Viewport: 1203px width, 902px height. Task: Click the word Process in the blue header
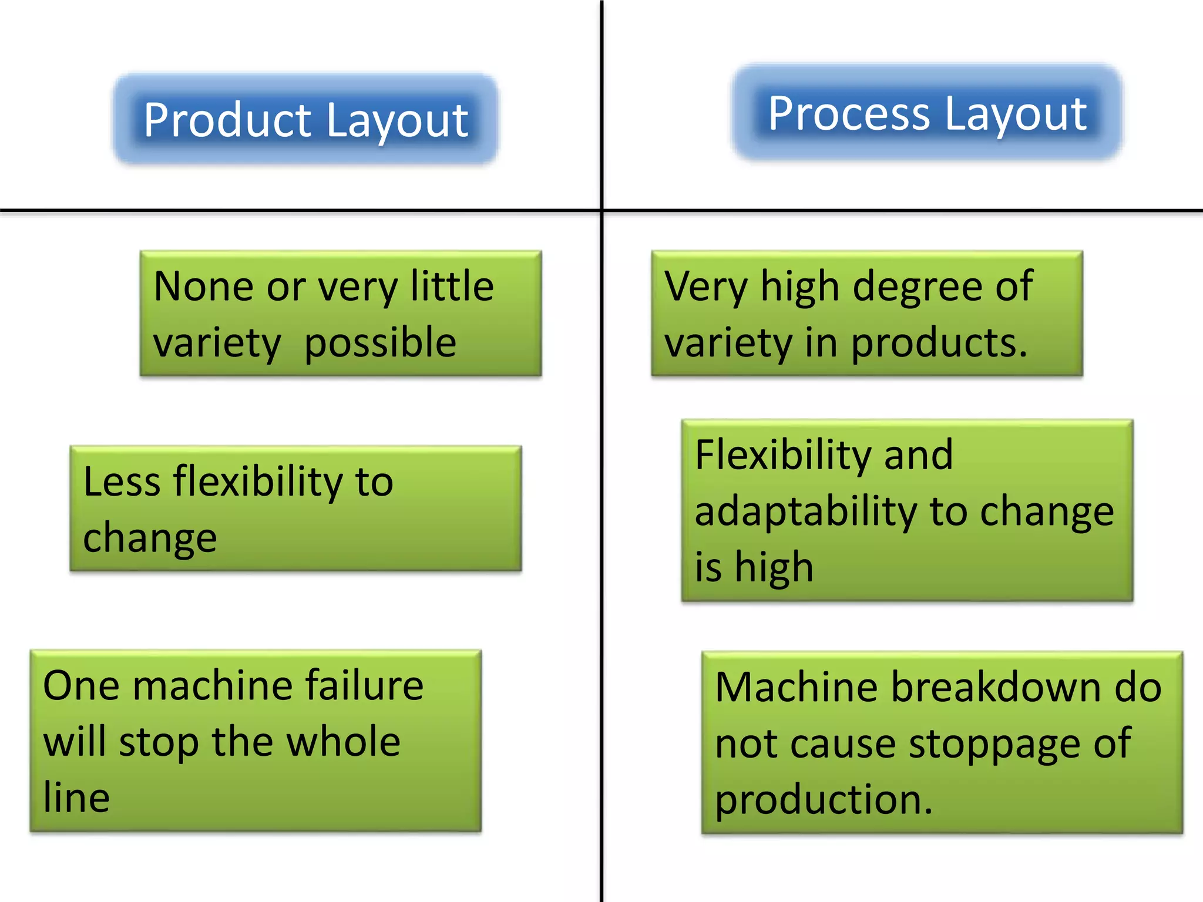coord(849,114)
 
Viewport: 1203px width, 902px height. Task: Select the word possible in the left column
coord(380,343)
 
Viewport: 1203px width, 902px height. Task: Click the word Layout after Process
coord(1016,114)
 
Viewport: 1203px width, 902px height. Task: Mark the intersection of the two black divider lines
coord(602,210)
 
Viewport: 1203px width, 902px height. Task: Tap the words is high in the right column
coord(754,567)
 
